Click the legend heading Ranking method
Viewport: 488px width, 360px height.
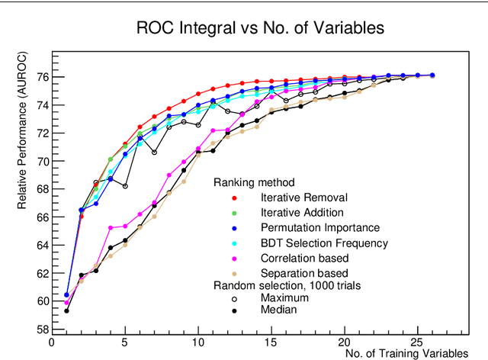point(255,183)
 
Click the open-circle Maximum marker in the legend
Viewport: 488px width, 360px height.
point(236,297)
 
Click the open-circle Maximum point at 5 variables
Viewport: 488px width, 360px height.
point(125,186)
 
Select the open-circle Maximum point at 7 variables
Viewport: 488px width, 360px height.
point(154,152)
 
